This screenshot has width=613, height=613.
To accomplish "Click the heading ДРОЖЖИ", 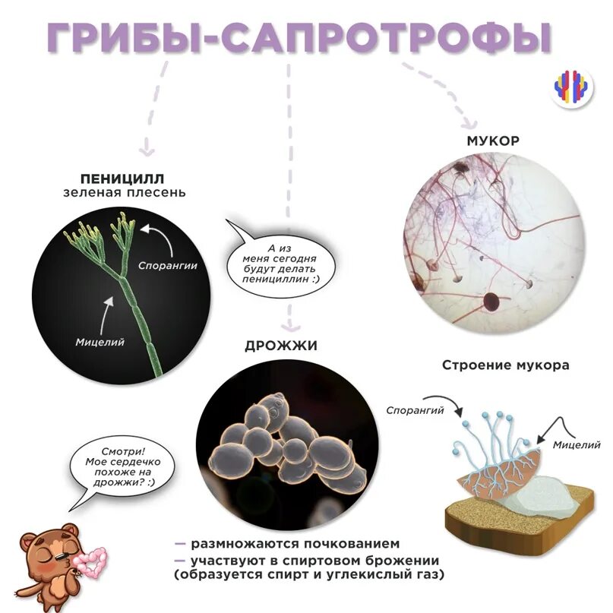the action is (280, 346).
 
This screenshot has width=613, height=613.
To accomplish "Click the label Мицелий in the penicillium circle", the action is (100, 342).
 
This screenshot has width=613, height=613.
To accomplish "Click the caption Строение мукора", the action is (505, 365).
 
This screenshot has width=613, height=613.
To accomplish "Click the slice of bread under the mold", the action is (517, 517).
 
